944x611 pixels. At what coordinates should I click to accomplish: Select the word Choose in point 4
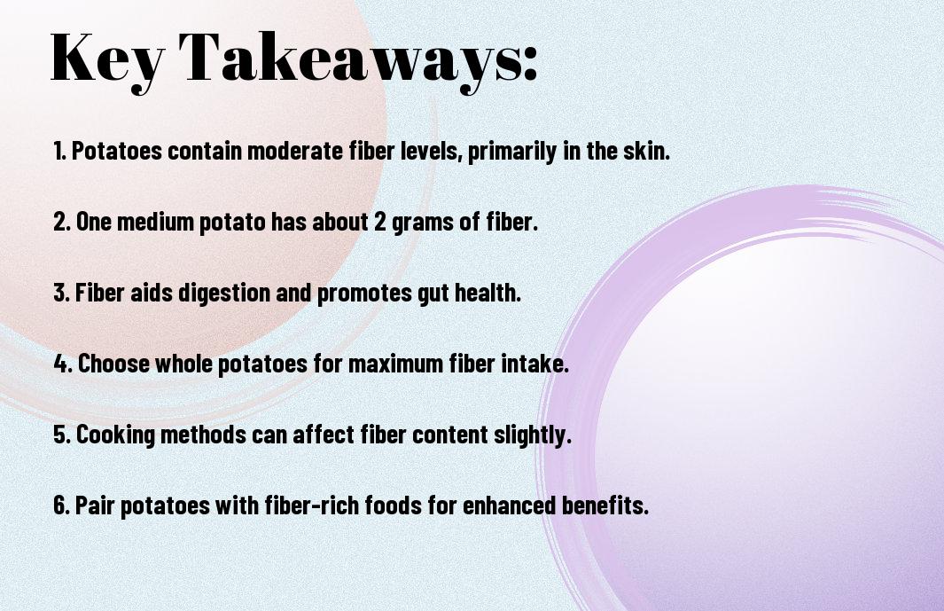pyautogui.click(x=113, y=364)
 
